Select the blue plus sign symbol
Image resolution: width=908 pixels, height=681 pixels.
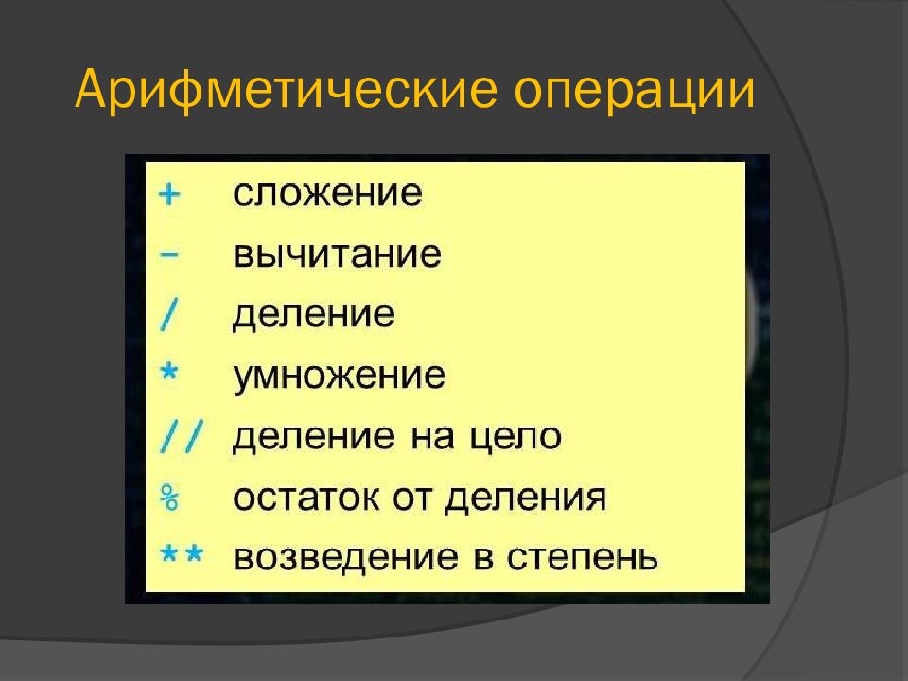coord(168,195)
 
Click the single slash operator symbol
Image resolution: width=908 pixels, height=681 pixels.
coord(168,315)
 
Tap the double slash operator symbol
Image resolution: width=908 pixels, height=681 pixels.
coord(179,436)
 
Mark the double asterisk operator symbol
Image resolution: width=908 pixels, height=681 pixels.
coord(181,554)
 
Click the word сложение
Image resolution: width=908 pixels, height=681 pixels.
coord(327,195)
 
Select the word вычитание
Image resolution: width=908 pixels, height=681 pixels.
coord(337,255)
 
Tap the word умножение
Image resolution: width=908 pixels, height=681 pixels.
coord(339,376)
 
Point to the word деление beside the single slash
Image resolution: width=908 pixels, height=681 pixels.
coord(313,316)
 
